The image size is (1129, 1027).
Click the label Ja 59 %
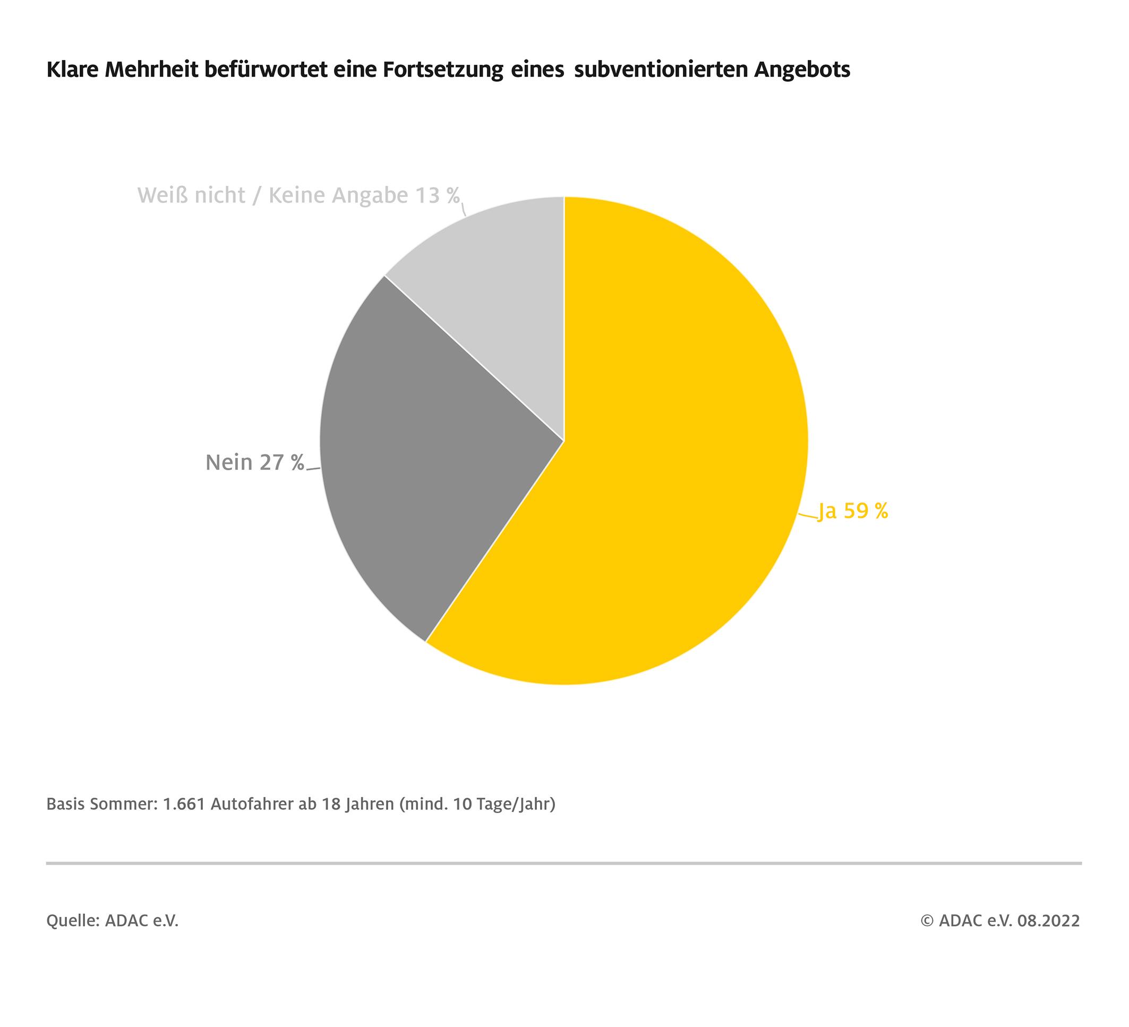(853, 511)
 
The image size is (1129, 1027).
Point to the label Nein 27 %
(255, 462)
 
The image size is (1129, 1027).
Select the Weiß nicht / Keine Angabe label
(298, 195)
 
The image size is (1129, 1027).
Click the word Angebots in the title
(802, 70)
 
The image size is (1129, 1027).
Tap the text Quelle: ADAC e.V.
(112, 921)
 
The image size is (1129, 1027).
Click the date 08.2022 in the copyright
(1048, 921)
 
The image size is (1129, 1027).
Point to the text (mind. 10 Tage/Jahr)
(477, 805)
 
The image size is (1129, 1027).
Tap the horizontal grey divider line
(564, 864)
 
